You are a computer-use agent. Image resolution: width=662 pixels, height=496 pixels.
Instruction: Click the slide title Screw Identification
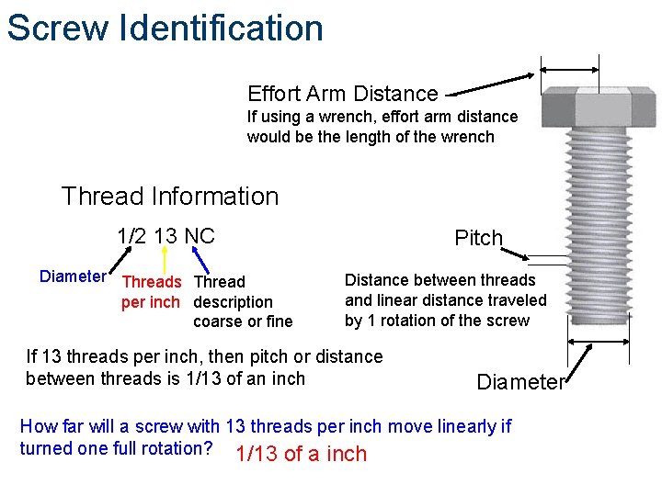(165, 28)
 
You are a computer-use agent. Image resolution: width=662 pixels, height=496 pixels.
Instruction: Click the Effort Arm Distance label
(342, 93)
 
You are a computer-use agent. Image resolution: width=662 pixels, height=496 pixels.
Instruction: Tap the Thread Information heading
(170, 196)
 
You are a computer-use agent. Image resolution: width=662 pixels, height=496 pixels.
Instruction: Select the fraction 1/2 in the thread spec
(133, 236)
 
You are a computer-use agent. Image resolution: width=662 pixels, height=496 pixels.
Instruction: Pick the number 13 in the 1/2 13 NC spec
(166, 236)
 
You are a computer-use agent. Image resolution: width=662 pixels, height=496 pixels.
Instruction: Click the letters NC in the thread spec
(200, 236)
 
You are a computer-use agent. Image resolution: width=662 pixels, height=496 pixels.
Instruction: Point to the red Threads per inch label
(151, 291)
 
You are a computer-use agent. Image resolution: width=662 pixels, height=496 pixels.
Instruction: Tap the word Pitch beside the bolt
(479, 238)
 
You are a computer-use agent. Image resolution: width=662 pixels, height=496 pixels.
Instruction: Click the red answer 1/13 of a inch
(301, 454)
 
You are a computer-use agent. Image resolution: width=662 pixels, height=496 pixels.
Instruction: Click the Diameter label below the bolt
(519, 382)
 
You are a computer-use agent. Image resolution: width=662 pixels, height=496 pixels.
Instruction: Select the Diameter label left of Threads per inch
(73, 276)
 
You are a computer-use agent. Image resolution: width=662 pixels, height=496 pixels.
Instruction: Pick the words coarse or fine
(243, 321)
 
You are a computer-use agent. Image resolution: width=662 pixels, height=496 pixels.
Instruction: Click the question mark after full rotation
(209, 448)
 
